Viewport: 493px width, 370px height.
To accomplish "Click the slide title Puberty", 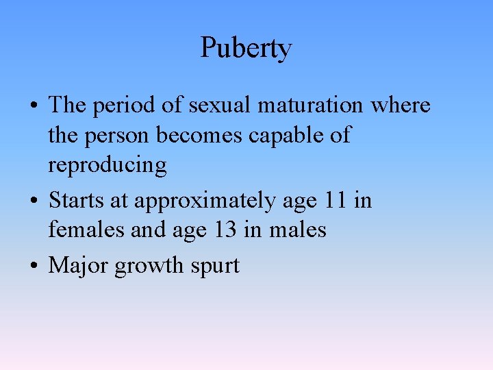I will (246, 49).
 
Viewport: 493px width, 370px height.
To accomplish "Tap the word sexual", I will (219, 106).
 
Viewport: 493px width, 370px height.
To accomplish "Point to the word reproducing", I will (107, 166).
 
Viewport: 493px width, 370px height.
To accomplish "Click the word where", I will (401, 106).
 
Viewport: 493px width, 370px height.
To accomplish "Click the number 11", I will (336, 201).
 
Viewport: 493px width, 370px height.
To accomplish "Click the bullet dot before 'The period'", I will (34, 107).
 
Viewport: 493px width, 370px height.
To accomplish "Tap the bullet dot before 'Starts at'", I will (34, 202).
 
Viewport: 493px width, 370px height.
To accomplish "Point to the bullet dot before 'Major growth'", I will (34, 267).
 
